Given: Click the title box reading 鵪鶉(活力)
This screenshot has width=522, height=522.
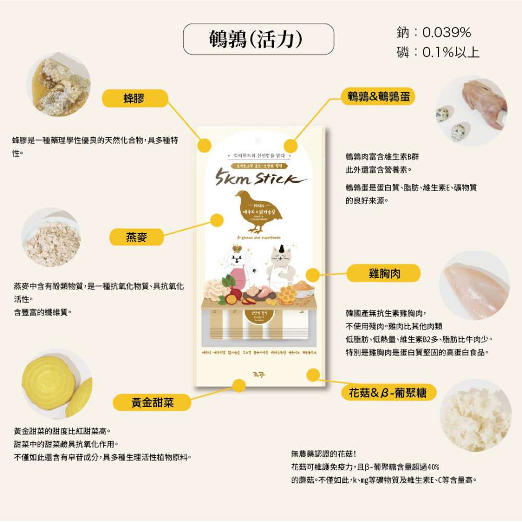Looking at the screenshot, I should [x=258, y=39].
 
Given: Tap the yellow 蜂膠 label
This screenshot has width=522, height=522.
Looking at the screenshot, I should [x=135, y=98].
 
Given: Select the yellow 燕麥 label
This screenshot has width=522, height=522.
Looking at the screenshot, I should [x=137, y=237].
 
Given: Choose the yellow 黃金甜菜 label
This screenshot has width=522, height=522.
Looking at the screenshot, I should [x=152, y=402].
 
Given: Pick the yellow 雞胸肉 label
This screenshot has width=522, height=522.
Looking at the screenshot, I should [x=384, y=272].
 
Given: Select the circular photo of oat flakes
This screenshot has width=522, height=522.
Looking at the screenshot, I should [x=51, y=238].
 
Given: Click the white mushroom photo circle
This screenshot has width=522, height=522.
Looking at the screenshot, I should [x=476, y=414].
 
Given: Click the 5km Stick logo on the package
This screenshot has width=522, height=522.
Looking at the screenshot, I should [x=260, y=179].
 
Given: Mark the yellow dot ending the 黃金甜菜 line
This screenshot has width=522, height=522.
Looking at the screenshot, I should [x=239, y=386].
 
